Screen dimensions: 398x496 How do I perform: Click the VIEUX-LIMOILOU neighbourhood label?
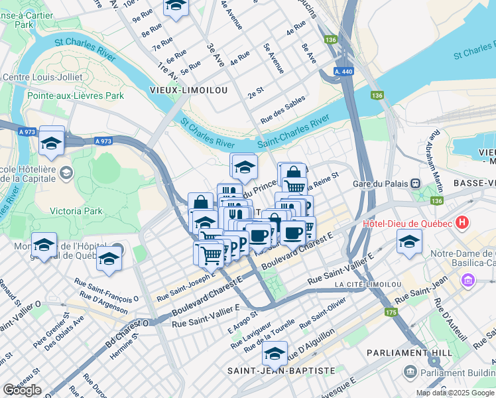click(x=189, y=90)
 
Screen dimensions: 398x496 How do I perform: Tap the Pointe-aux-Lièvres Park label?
click(x=76, y=96)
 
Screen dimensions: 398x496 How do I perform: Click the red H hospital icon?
click(x=462, y=223)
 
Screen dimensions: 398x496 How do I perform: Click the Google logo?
click(x=22, y=390)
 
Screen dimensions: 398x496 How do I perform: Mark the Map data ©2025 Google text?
click(x=454, y=393)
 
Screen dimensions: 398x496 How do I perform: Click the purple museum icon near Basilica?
click(x=469, y=280)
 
